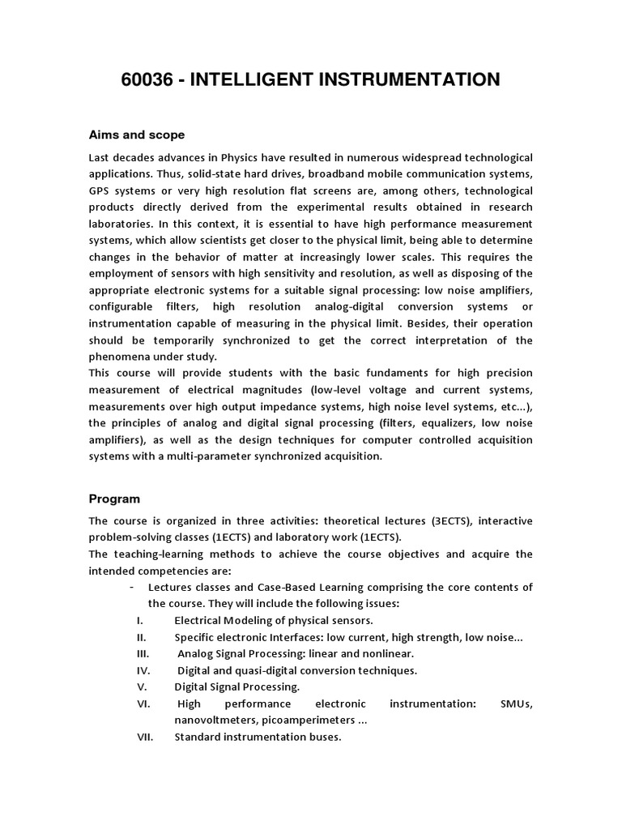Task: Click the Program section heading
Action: (114, 499)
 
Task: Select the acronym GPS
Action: (102, 190)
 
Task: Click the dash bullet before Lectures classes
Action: (131, 587)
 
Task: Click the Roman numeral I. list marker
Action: (139, 620)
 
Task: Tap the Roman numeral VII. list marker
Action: (144, 737)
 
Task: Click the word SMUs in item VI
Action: (517, 704)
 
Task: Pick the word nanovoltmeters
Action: (218, 720)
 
